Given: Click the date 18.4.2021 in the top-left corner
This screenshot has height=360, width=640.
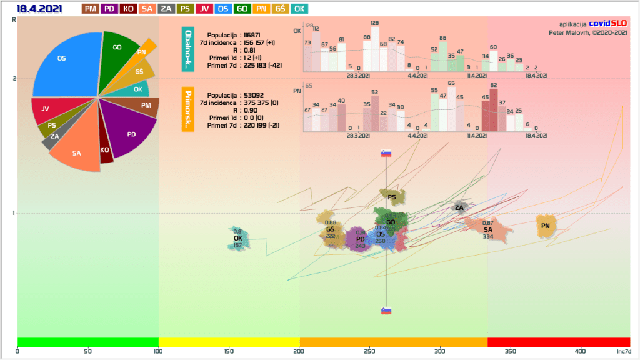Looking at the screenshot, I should point(39,9).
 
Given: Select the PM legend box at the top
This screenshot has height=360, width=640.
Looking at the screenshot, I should point(90,9).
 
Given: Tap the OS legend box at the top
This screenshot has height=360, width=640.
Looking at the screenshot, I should point(222,9).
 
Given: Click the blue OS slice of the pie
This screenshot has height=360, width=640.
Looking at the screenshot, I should point(62,62).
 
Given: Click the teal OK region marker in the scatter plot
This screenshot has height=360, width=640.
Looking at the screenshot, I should point(238,238).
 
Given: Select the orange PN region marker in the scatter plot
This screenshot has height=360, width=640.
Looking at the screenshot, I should point(546,226).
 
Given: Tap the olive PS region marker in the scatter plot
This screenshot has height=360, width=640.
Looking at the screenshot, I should point(392,197).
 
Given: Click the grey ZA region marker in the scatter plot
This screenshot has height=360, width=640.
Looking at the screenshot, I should point(459,207).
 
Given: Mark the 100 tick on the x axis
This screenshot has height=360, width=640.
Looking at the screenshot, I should point(159,351).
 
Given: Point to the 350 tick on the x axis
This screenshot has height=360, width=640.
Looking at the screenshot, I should point(511,351).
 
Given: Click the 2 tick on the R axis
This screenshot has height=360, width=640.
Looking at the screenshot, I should point(13,78).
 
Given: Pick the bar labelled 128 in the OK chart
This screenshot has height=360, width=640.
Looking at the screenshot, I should point(375,49).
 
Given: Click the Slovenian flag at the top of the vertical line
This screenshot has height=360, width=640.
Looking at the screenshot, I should point(386,154).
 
